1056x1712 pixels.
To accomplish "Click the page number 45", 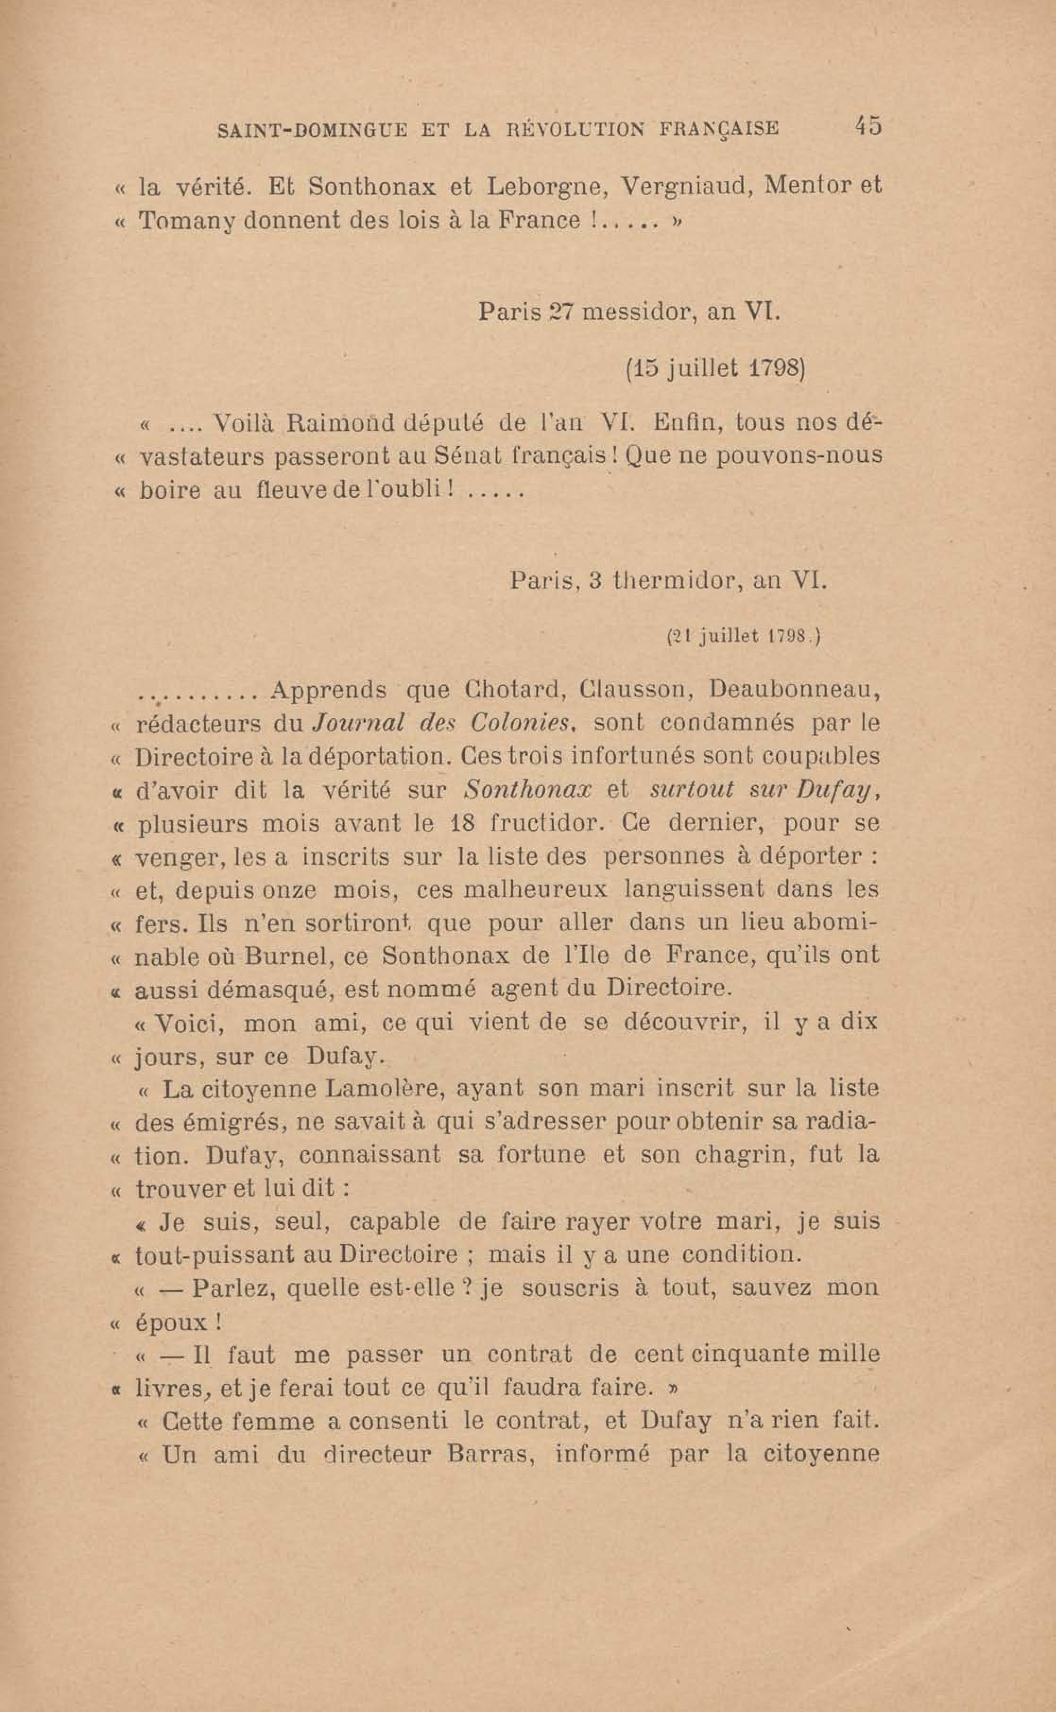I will (867, 127).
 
